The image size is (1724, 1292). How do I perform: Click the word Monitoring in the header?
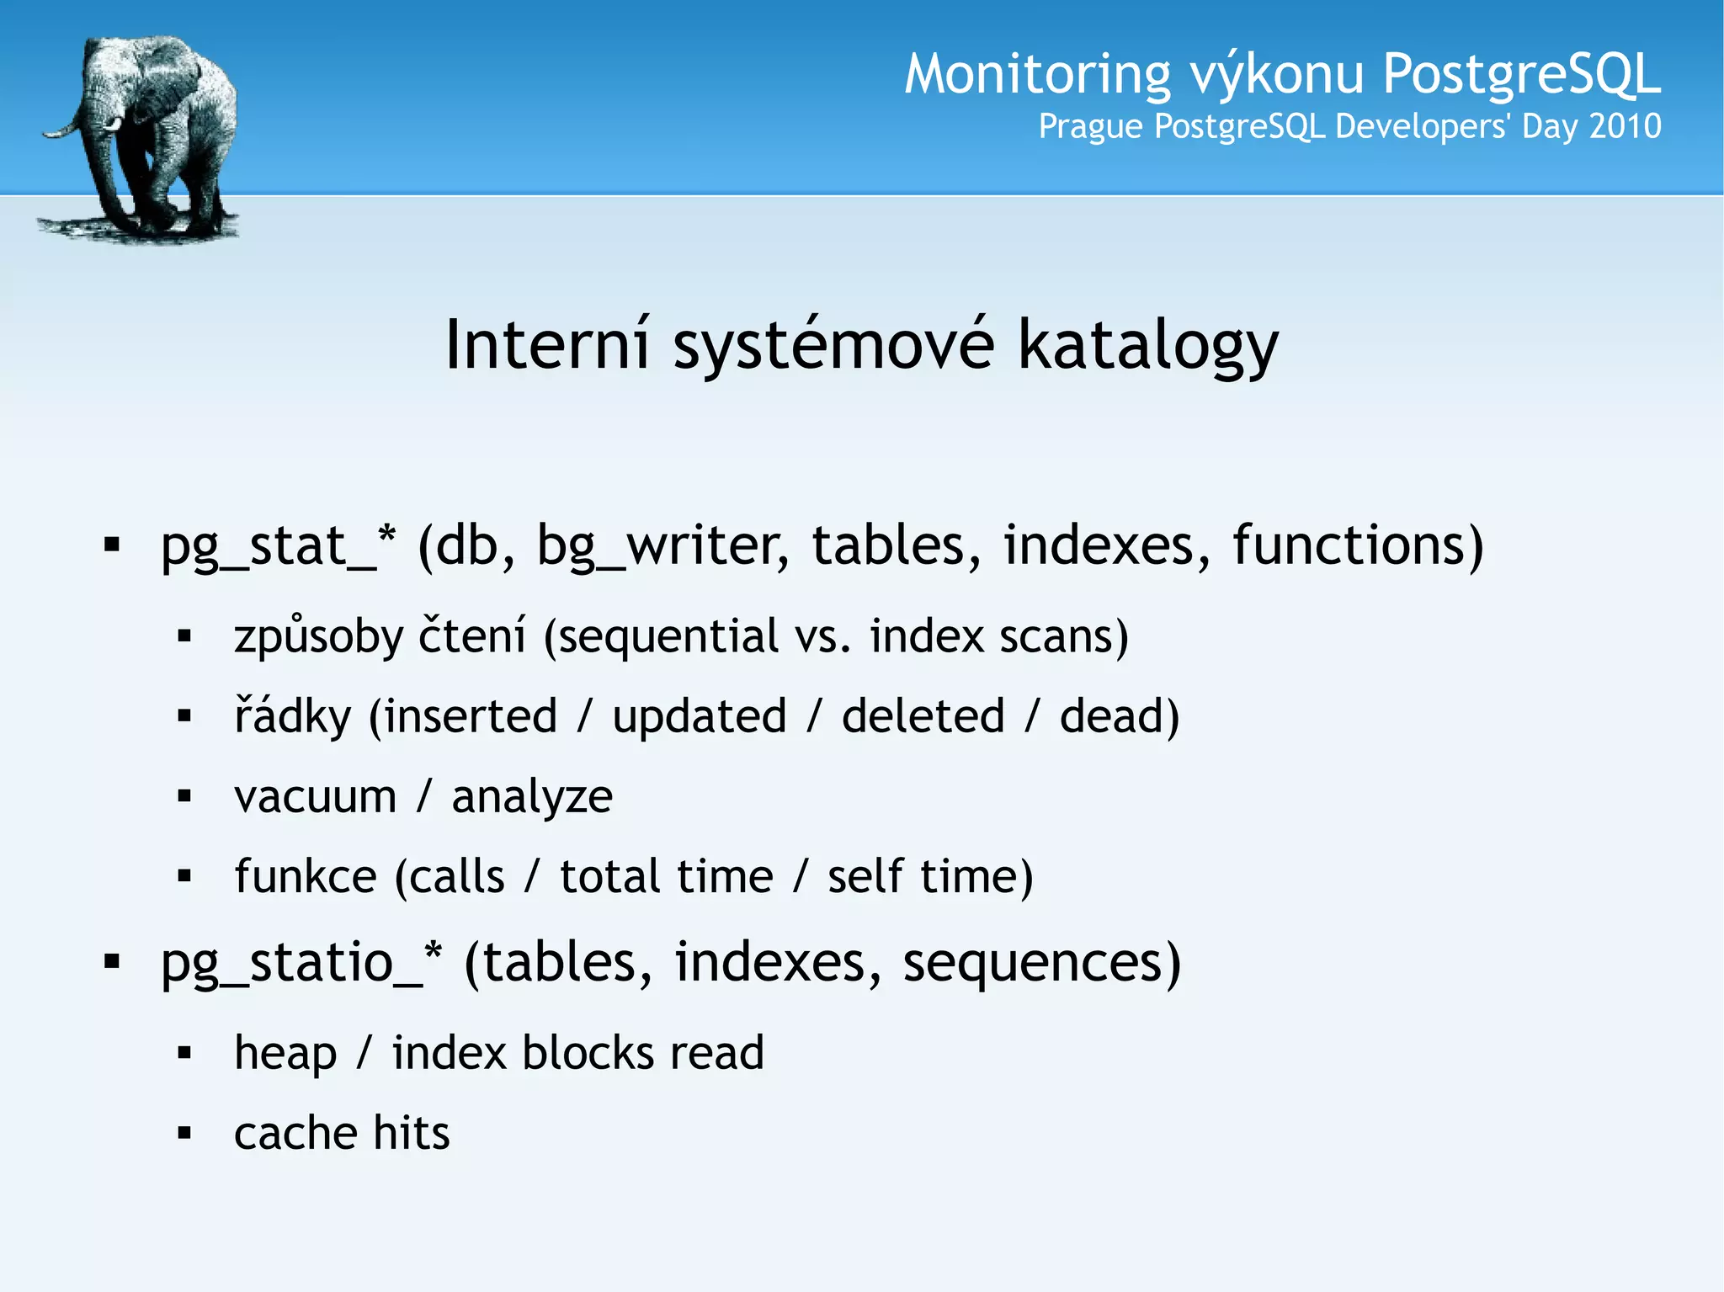pos(1037,74)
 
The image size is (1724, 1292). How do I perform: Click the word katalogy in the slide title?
pos(1148,345)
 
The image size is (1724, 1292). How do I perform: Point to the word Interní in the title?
pos(547,345)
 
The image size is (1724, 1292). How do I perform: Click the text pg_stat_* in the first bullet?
pos(278,547)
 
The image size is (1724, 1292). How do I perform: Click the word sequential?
pos(669,637)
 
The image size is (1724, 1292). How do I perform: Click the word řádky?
pos(292,717)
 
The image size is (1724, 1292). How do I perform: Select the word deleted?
pos(923,716)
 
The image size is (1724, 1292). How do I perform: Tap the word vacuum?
pos(316,796)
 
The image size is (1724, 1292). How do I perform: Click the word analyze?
pos(532,798)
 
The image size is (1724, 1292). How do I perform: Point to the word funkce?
pos(306,876)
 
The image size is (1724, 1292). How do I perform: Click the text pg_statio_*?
pos(301,964)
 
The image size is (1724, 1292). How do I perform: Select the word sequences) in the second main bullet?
pos(1041,963)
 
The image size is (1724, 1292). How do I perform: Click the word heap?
pos(285,1054)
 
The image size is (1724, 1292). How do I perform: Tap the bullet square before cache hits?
pos(185,1134)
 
